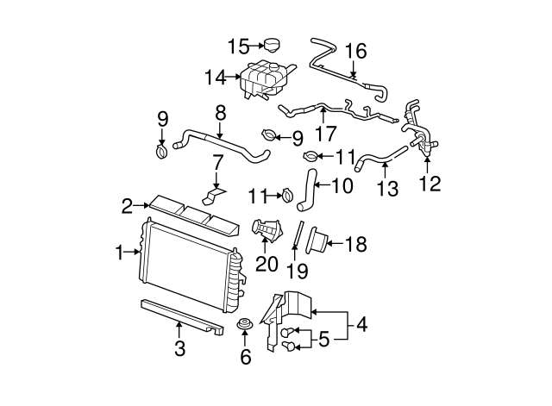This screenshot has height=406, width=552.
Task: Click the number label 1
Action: [x=120, y=253]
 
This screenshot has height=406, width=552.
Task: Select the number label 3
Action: [x=179, y=350]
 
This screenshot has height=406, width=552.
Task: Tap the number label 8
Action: [x=220, y=113]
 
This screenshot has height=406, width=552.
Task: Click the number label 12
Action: [x=429, y=183]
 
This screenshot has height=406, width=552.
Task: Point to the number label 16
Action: [x=355, y=52]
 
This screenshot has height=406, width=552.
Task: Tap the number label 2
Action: [x=127, y=206]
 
